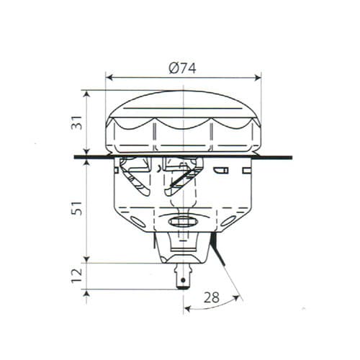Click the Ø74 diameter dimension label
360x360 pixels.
click(x=182, y=68)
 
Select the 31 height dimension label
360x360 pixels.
click(x=77, y=122)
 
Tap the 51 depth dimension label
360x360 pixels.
click(x=77, y=208)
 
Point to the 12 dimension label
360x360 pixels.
click(x=77, y=276)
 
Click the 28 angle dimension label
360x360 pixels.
click(x=212, y=297)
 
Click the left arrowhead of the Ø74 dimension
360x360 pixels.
click(x=109, y=78)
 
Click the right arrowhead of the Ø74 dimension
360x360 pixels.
click(x=258, y=78)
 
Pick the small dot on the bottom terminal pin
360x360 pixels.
click(x=183, y=280)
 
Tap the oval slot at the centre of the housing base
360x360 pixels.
click(x=183, y=222)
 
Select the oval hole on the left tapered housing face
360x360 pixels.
click(x=138, y=222)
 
